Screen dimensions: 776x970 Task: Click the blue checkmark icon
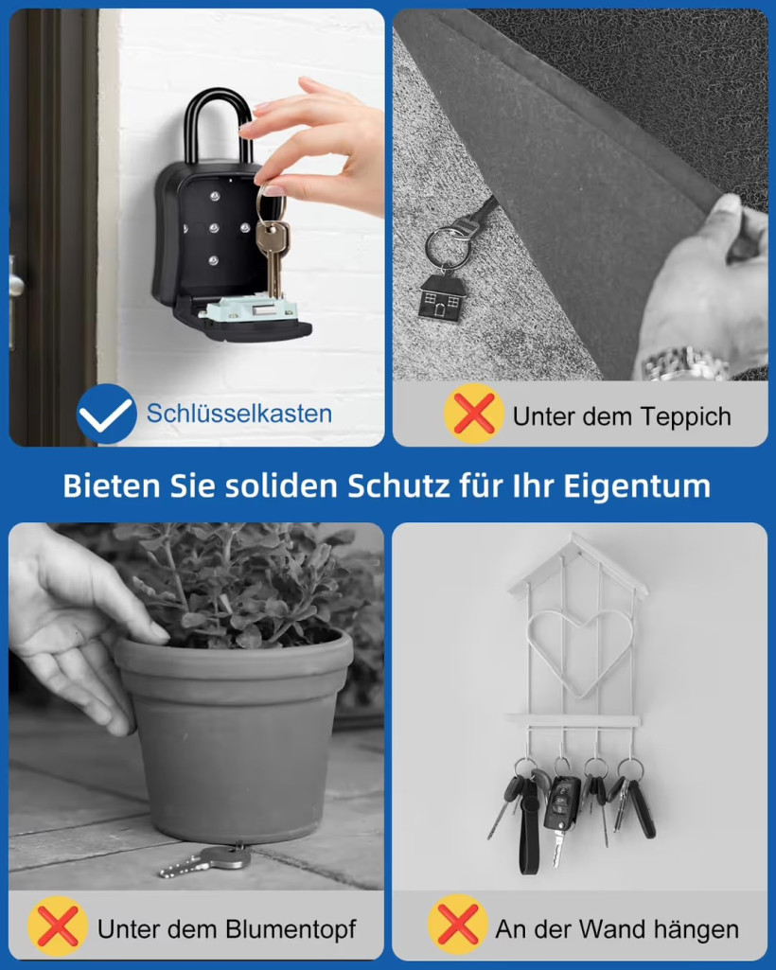coord(106,414)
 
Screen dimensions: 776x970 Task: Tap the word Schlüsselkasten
coord(238,414)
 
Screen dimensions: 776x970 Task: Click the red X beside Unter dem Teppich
coord(474,414)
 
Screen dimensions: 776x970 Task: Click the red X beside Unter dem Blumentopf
coord(58,926)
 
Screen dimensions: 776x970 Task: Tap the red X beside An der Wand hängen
coord(458,925)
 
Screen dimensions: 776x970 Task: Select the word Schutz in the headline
coord(398,486)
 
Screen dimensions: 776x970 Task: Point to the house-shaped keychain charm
coord(442,298)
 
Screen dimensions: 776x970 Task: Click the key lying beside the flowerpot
coord(205,860)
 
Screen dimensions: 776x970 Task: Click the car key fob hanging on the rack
coord(560,810)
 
